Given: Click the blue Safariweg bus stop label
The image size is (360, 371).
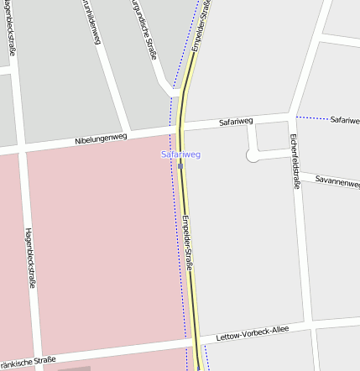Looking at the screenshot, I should [x=180, y=154].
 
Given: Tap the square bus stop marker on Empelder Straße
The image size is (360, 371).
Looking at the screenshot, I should [x=180, y=166].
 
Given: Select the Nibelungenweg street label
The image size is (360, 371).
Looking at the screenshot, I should [x=101, y=138].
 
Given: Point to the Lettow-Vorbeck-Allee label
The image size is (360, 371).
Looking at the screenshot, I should [x=252, y=333].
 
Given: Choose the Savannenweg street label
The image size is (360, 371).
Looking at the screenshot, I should [x=337, y=180].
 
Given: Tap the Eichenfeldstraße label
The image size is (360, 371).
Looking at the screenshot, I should [x=295, y=160].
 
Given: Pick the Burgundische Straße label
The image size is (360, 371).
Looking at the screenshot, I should [x=146, y=30].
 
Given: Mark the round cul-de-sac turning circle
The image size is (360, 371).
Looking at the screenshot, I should [x=252, y=155].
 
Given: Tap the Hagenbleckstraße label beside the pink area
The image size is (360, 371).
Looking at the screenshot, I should [x=29, y=257].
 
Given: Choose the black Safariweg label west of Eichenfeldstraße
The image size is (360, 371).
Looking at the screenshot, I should [x=236, y=122].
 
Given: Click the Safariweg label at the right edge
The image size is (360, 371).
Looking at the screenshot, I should [x=344, y=120].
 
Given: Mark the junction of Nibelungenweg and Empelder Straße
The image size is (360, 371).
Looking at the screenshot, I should [x=180, y=128].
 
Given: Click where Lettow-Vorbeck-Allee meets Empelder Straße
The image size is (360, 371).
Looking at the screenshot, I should [x=195, y=342].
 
